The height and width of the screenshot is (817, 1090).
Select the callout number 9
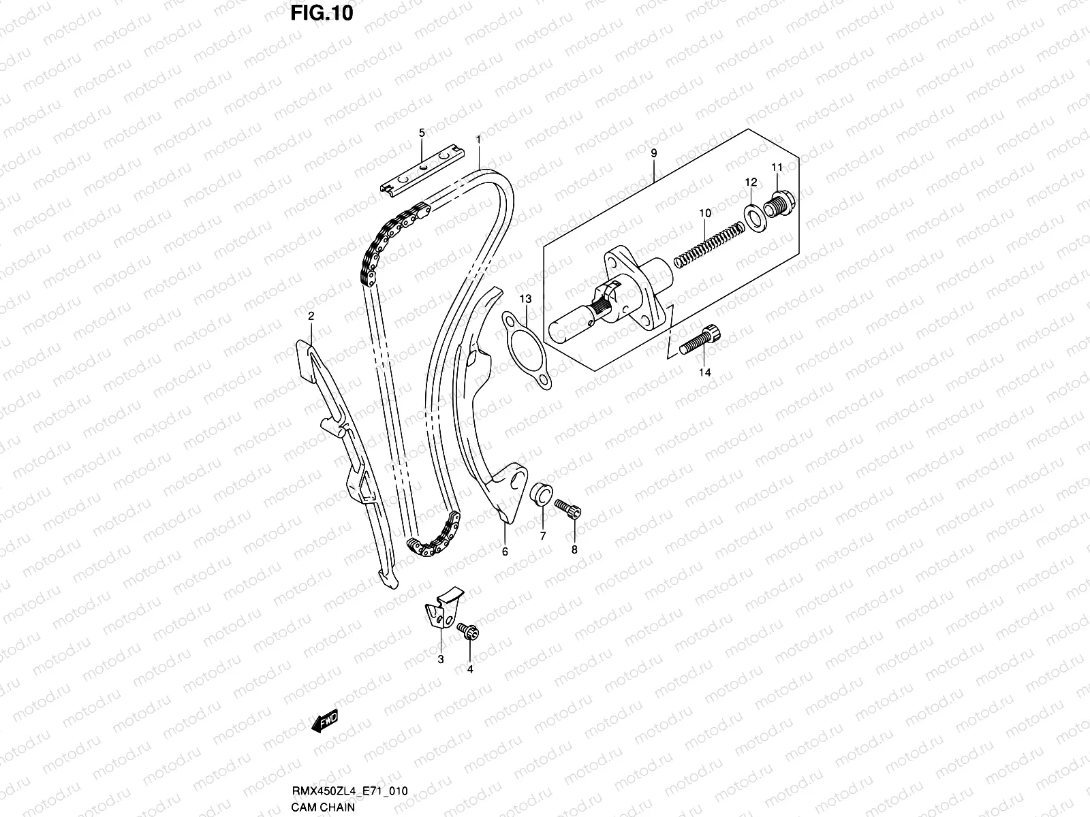point(653,154)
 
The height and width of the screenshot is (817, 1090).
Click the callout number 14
point(704,372)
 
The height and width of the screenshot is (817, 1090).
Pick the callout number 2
point(311,316)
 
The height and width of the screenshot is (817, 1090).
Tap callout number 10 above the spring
point(704,213)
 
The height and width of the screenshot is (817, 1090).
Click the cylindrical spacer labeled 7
point(542,494)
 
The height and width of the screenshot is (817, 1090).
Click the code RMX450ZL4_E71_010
point(351,791)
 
